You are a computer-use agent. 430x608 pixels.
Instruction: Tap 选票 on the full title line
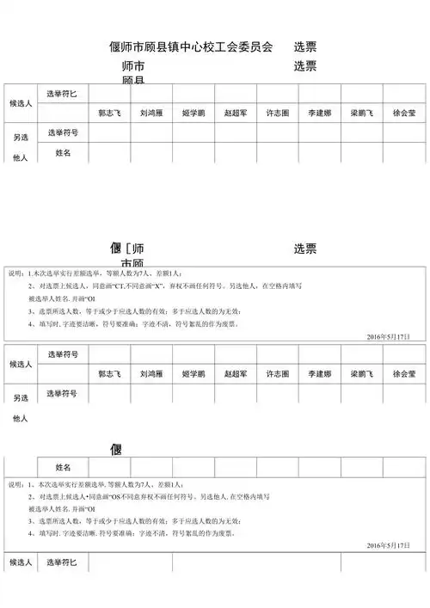click(x=304, y=46)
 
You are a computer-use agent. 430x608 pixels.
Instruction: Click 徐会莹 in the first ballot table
click(x=404, y=113)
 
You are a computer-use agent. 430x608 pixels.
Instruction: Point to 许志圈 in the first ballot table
click(x=278, y=113)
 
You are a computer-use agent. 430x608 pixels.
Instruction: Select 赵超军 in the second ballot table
click(x=235, y=374)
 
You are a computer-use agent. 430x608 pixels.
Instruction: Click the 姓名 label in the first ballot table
click(x=63, y=152)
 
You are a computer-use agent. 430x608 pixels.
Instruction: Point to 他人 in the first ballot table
click(x=20, y=158)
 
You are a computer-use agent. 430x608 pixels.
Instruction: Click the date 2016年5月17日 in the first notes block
click(x=388, y=336)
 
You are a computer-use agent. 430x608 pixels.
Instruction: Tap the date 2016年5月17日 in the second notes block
click(x=388, y=545)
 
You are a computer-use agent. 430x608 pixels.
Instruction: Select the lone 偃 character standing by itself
click(x=116, y=450)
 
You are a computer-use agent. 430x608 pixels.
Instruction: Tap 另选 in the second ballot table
click(x=20, y=397)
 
